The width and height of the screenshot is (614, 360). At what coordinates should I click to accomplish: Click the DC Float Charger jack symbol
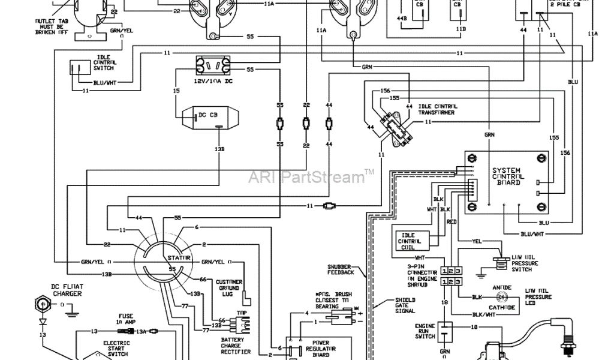coord(43,304)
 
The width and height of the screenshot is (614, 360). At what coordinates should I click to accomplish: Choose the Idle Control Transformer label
coord(435,109)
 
